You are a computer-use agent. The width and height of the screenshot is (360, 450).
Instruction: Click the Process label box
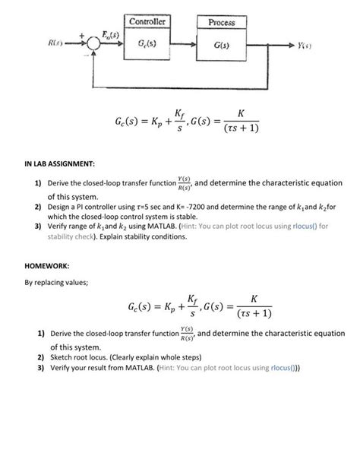point(221,22)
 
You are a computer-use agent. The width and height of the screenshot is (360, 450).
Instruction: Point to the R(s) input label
point(55,44)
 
